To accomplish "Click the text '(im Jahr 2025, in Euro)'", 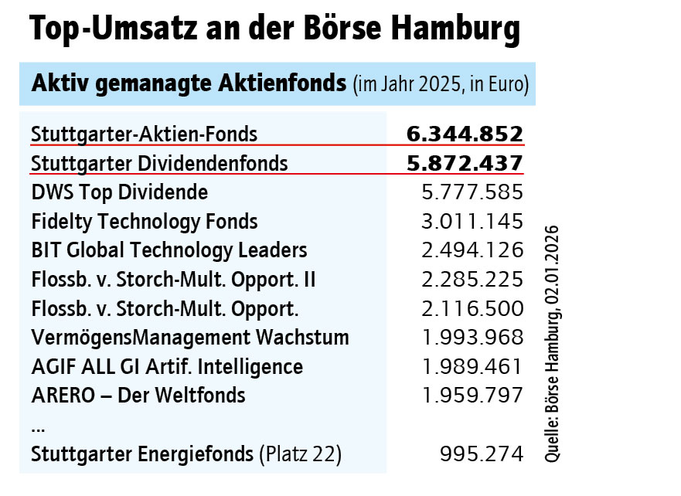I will [x=441, y=84].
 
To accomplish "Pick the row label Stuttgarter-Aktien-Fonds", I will [x=145, y=134].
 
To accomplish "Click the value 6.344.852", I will [x=465, y=134].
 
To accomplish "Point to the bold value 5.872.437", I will [x=465, y=163].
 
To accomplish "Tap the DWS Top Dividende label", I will [x=120, y=192].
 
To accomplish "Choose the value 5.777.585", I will [x=471, y=192].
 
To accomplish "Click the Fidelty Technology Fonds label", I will [x=145, y=222].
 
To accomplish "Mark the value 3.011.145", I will [x=471, y=222].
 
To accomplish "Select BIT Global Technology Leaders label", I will [x=169, y=250].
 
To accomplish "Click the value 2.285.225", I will [x=471, y=279].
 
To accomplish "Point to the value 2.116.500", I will [x=471, y=308].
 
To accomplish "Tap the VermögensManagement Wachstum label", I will [x=190, y=338].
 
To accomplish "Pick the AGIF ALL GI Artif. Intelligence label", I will [x=167, y=366].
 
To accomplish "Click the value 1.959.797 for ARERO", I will [x=471, y=396].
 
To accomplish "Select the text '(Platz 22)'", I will [x=300, y=454].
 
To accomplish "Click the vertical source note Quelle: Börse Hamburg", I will [x=553, y=344].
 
